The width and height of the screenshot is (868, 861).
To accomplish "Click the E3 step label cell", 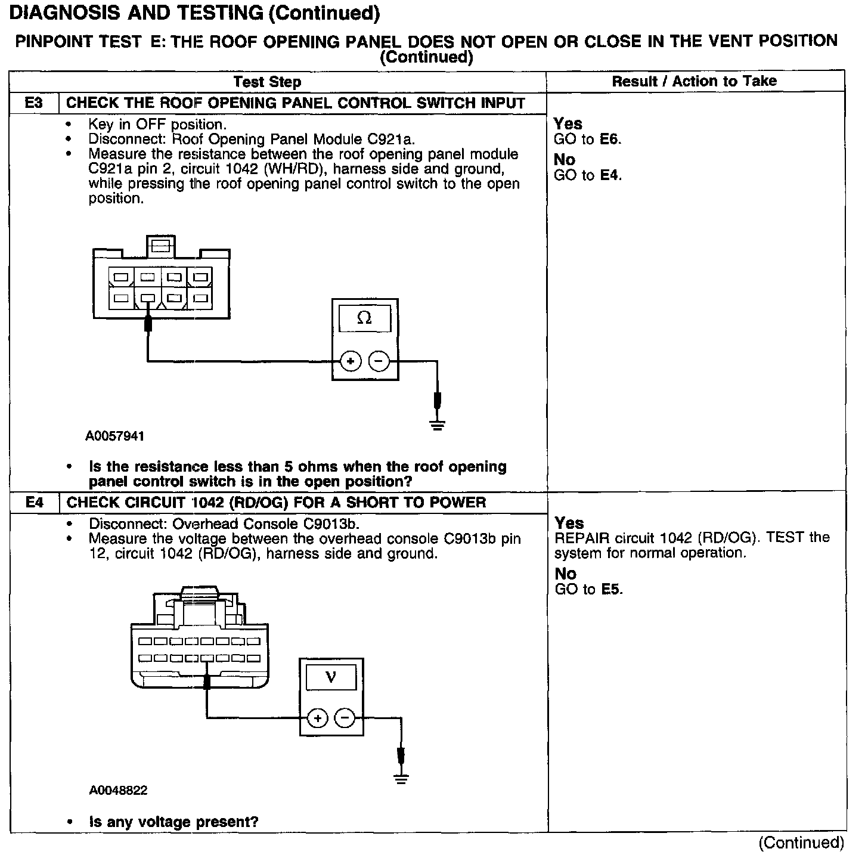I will (34, 103).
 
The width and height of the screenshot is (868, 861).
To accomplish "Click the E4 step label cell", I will (35, 502).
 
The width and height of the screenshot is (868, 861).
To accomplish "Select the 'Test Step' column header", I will (267, 82).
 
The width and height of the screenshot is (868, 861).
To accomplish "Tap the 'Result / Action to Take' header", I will (695, 81).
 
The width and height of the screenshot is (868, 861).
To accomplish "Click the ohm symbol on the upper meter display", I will (364, 318).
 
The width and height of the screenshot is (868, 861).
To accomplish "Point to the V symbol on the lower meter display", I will (331, 677).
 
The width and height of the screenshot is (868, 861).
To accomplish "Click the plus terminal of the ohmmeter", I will (351, 361).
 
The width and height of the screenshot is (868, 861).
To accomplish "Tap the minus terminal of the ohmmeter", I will (379, 361).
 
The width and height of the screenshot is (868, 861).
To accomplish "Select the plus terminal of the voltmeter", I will (318, 718).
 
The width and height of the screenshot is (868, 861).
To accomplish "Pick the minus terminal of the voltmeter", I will (345, 718).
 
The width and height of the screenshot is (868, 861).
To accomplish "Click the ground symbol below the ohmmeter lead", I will (438, 425).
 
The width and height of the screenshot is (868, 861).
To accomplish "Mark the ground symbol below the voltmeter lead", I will (401, 779).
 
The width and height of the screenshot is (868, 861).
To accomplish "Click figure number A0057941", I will (115, 436).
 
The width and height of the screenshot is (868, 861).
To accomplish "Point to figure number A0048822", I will (118, 790).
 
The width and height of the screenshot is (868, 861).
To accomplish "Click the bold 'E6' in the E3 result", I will (609, 140).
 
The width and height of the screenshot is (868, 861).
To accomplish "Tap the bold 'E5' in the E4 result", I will (610, 590).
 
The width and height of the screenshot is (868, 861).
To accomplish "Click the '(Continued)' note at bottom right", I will (801, 843).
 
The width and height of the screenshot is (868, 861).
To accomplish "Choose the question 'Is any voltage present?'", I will (173, 822).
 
